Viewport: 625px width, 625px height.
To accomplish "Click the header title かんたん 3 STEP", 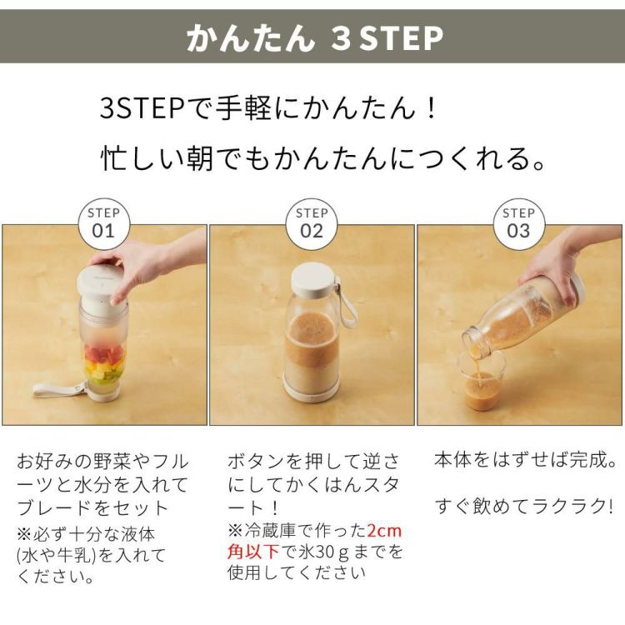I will coord(313,38).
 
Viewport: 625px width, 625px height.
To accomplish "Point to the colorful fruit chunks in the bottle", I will coord(103,363).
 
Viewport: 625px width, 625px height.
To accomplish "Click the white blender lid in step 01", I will coord(102,283).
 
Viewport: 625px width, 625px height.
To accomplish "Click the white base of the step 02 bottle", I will coord(311,390).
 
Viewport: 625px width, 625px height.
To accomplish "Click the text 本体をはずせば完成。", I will coord(526,460).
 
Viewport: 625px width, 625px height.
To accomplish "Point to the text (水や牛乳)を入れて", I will coord(91,555).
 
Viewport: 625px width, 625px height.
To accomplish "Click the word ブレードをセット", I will coord(92,507).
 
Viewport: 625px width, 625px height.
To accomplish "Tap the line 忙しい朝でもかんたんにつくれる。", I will coord(324,158).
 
